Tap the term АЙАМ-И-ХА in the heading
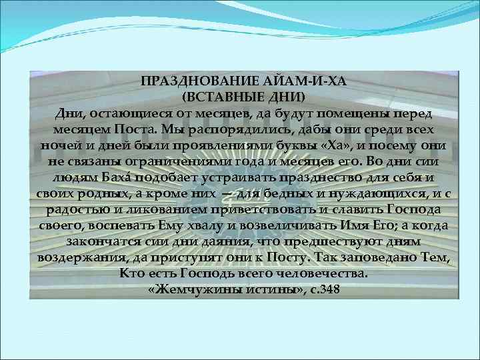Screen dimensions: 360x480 pyautogui.click(x=263, y=81)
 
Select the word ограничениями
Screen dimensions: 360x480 pyautogui.click(x=183, y=161)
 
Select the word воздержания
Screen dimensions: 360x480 pyautogui.click(x=72, y=258)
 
